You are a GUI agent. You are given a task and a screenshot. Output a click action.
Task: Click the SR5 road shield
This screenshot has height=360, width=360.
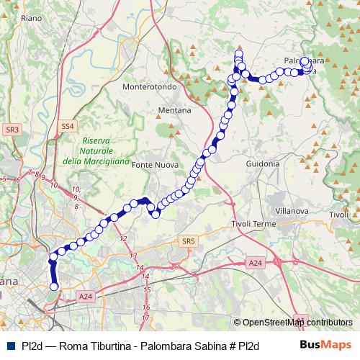point(189,240)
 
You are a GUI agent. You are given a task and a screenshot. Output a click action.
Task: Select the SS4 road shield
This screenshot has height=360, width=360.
point(68,126)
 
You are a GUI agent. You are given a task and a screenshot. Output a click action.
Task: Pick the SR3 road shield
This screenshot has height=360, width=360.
point(12,130)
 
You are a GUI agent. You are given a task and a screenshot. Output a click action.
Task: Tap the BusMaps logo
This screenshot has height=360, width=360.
point(331,344)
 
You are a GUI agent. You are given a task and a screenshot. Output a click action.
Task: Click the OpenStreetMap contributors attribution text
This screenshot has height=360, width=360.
point(297,323)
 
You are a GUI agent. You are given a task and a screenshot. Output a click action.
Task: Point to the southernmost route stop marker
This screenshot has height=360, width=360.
point(53,287)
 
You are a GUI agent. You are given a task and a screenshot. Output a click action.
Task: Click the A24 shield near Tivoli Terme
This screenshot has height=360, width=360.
point(256,264)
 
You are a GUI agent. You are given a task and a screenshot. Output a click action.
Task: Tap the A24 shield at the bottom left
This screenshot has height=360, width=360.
point(86,296)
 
